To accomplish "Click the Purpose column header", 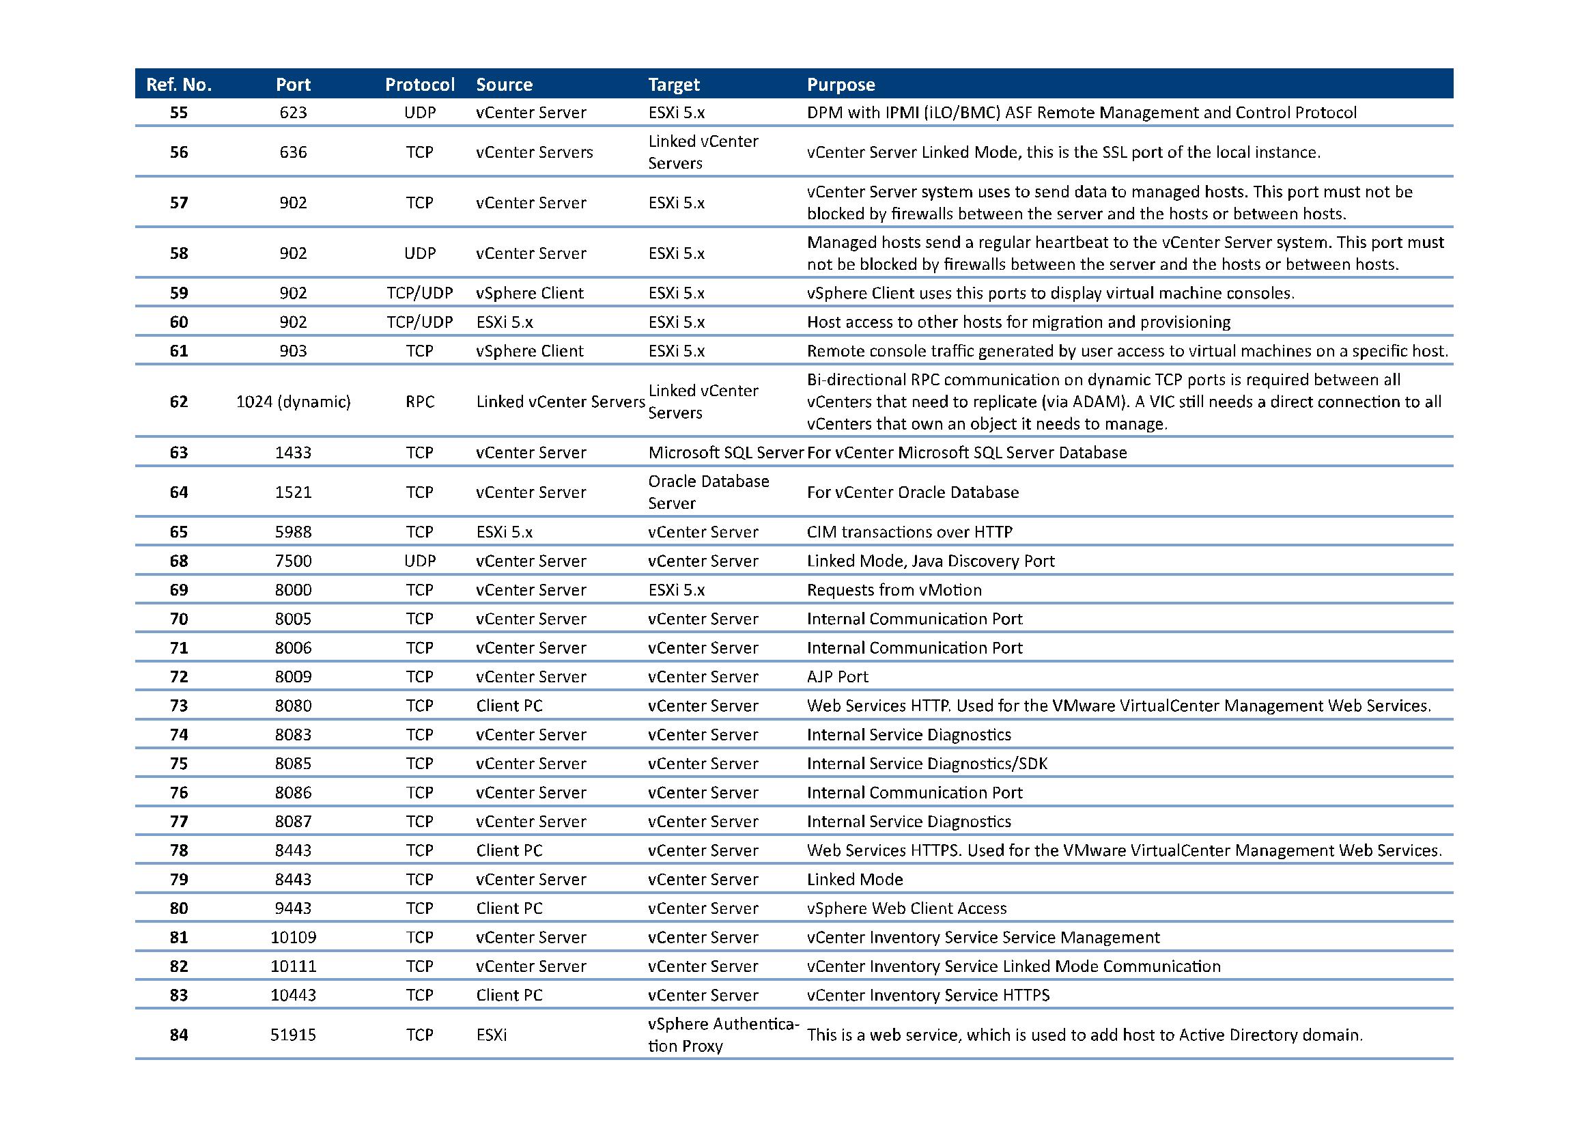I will tap(841, 85).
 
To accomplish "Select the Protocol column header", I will tap(420, 85).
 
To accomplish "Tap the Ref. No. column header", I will tap(179, 85).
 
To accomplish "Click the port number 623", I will tap(294, 113).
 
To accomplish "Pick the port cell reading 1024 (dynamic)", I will tap(294, 402).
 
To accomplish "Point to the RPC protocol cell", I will tap(420, 402).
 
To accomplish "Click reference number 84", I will tap(179, 1035).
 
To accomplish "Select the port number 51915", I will tap(294, 1035).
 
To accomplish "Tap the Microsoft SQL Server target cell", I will tap(726, 453).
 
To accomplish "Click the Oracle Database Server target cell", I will tap(708, 492).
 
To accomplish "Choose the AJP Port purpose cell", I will tap(838, 676).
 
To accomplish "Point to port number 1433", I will tap(294, 453).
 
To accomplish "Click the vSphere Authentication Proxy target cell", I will tap(723, 1035).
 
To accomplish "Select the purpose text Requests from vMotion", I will tap(894, 590).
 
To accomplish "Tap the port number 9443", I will tap(294, 908).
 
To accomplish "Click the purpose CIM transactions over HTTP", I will tap(909, 532).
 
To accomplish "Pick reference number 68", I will tap(179, 561).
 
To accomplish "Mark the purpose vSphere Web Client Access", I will tap(906, 908).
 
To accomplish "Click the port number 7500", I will tap(294, 561).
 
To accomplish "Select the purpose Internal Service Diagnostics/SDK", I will tap(927, 764).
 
